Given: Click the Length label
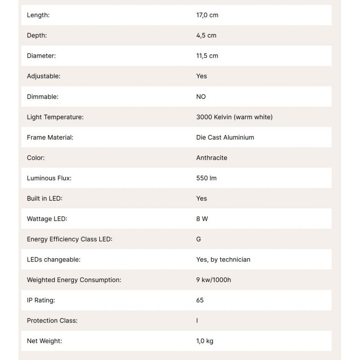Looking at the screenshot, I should pos(38,15).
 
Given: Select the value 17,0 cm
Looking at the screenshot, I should pos(207,15).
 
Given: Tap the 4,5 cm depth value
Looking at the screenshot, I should pos(206,35).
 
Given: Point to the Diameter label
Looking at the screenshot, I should pos(41,56).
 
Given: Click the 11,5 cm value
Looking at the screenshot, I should pos(207,56).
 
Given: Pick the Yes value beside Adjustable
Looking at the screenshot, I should pos(202,76).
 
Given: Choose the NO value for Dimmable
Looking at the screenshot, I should pos(201,97).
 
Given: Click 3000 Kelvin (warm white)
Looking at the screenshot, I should pos(234,117).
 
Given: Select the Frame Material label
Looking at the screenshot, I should pos(50,137).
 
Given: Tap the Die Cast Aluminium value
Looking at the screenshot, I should pos(225,137).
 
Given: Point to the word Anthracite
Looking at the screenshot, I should pos(211,158).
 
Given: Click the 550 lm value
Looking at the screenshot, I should pos(206,178).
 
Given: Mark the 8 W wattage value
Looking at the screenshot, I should pos(202,219).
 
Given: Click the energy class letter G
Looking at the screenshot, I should pos(198,239).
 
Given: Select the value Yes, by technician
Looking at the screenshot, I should pos(223,259).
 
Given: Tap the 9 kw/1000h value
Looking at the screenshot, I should pos(214,280).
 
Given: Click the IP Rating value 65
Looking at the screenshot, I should pos(200,300).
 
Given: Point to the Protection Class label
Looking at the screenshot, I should pos(52,320).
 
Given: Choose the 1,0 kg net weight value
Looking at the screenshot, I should pos(205,341).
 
